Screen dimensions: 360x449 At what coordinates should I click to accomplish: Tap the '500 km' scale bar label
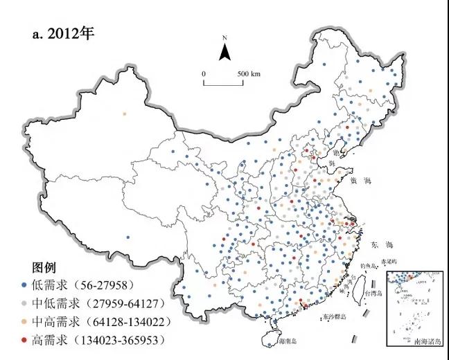249,73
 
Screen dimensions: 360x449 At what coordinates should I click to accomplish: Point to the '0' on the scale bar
204,73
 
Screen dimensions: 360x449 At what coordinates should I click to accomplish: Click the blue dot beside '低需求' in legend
26,285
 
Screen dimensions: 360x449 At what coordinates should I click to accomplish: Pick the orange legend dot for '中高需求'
26,322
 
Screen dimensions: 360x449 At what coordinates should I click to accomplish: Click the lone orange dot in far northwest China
125,114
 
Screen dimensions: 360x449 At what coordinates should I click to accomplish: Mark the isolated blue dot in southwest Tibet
128,237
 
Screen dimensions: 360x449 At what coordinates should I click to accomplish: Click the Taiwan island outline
359,291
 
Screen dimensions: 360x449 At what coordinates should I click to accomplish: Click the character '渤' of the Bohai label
337,152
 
